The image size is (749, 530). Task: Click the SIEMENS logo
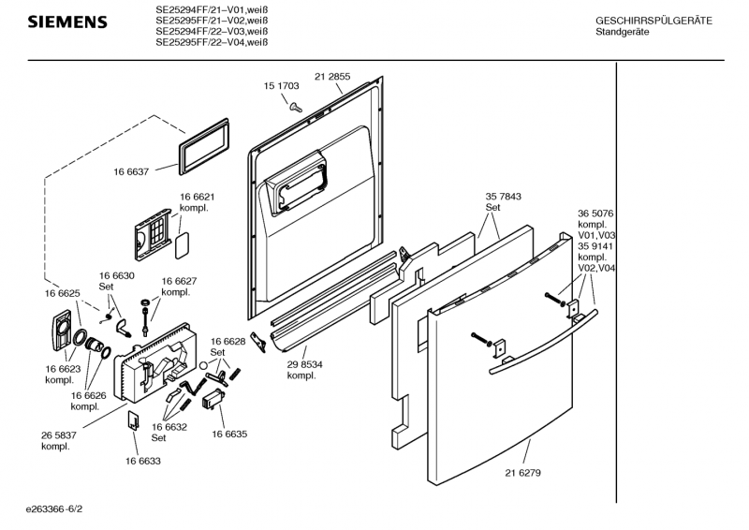pos(67,22)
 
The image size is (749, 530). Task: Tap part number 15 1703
pos(282,86)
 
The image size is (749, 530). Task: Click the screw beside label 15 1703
pos(296,107)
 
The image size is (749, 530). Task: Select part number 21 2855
pos(332,77)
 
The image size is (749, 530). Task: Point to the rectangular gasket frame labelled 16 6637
pos(203,147)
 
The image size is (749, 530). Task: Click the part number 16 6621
pos(198,197)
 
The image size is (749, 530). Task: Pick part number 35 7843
pos(504,197)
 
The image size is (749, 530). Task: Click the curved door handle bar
pos(544,343)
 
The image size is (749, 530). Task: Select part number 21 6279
pos(523,473)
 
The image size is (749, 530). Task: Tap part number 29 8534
pos(305,364)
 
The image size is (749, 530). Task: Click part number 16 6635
pos(229,434)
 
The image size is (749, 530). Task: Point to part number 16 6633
pos(143,462)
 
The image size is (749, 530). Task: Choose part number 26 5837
pos(59,435)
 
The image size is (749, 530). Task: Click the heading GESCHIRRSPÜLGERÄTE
pos(654,21)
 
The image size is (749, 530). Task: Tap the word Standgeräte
pos(623,32)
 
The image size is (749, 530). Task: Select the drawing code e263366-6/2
pos(54,509)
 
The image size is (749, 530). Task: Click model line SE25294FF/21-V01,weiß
pos(212,9)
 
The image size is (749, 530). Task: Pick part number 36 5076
pos(595,213)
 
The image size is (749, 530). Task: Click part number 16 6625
pos(63,293)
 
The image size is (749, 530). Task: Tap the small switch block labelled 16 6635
pos(213,399)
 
